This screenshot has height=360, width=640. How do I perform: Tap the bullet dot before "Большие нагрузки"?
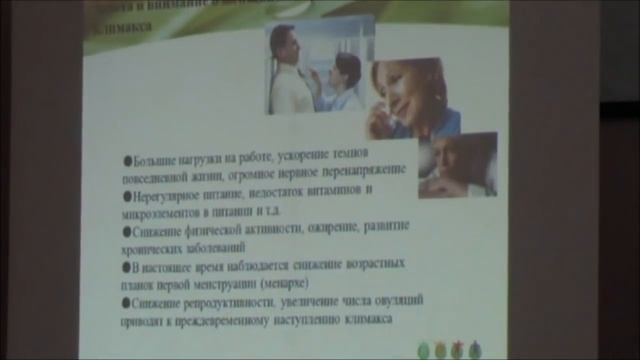point(127,158)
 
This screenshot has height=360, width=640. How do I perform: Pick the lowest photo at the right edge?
point(457,165)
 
